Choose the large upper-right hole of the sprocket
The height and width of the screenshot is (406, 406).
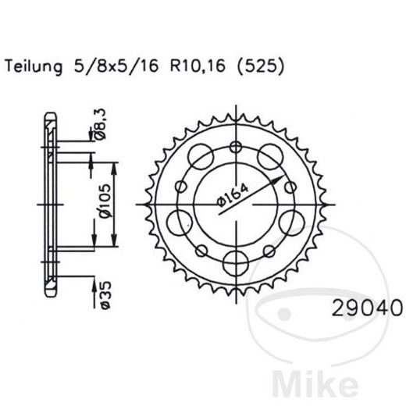coord(271,153)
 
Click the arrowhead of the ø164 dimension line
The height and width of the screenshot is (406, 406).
coord(278,177)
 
